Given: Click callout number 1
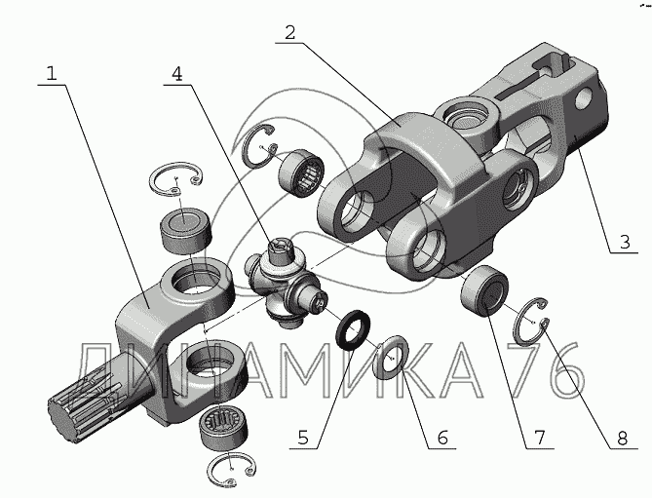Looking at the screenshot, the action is pos(51,73).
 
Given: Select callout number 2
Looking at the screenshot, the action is pos(289,32).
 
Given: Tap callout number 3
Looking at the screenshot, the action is pos(625,242).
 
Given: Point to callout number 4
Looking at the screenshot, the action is pos(177,74).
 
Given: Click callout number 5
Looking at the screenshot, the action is pos(303,438).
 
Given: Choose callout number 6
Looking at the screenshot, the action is pos(442,438).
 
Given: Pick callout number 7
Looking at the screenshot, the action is pos(539,438).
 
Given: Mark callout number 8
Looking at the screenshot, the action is pos(622,438).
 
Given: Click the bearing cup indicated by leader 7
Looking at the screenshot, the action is pos(484,291).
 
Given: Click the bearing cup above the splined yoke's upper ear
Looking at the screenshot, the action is pos(186,230).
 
